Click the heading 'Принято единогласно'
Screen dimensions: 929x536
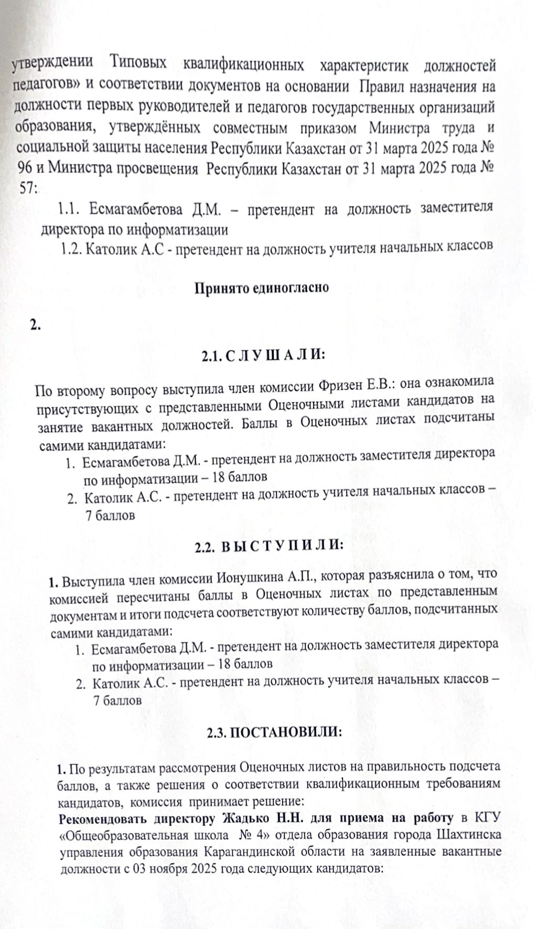(x=262, y=287)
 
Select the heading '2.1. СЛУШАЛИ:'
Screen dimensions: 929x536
(x=263, y=356)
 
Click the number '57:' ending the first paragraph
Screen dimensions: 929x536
(x=27, y=189)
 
